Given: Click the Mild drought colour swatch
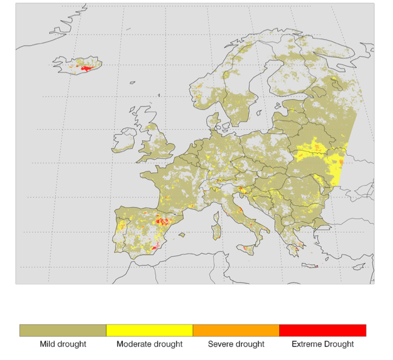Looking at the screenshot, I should coord(63,331).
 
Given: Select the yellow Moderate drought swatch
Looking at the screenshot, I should coord(149,331).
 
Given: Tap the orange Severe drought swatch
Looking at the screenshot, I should coord(235,331).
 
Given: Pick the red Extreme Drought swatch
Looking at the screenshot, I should coord(322,331).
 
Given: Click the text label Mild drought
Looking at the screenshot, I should coord(63,344).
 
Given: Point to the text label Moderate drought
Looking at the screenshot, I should coord(149,344).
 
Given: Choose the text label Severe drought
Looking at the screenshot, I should coord(235,344).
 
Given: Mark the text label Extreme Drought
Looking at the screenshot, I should coord(322,344).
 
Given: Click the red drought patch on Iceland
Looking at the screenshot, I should coord(86,68).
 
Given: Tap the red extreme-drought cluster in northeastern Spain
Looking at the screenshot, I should coord(162,222).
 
